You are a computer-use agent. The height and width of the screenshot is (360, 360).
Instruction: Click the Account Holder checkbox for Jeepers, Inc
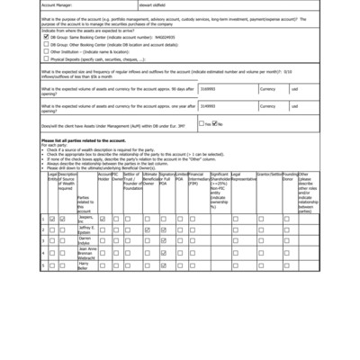(x=103, y=219)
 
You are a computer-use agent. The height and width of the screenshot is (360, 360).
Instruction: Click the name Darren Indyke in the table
(x=85, y=242)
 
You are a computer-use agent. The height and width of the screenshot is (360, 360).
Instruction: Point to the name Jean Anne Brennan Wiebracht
(x=85, y=254)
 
